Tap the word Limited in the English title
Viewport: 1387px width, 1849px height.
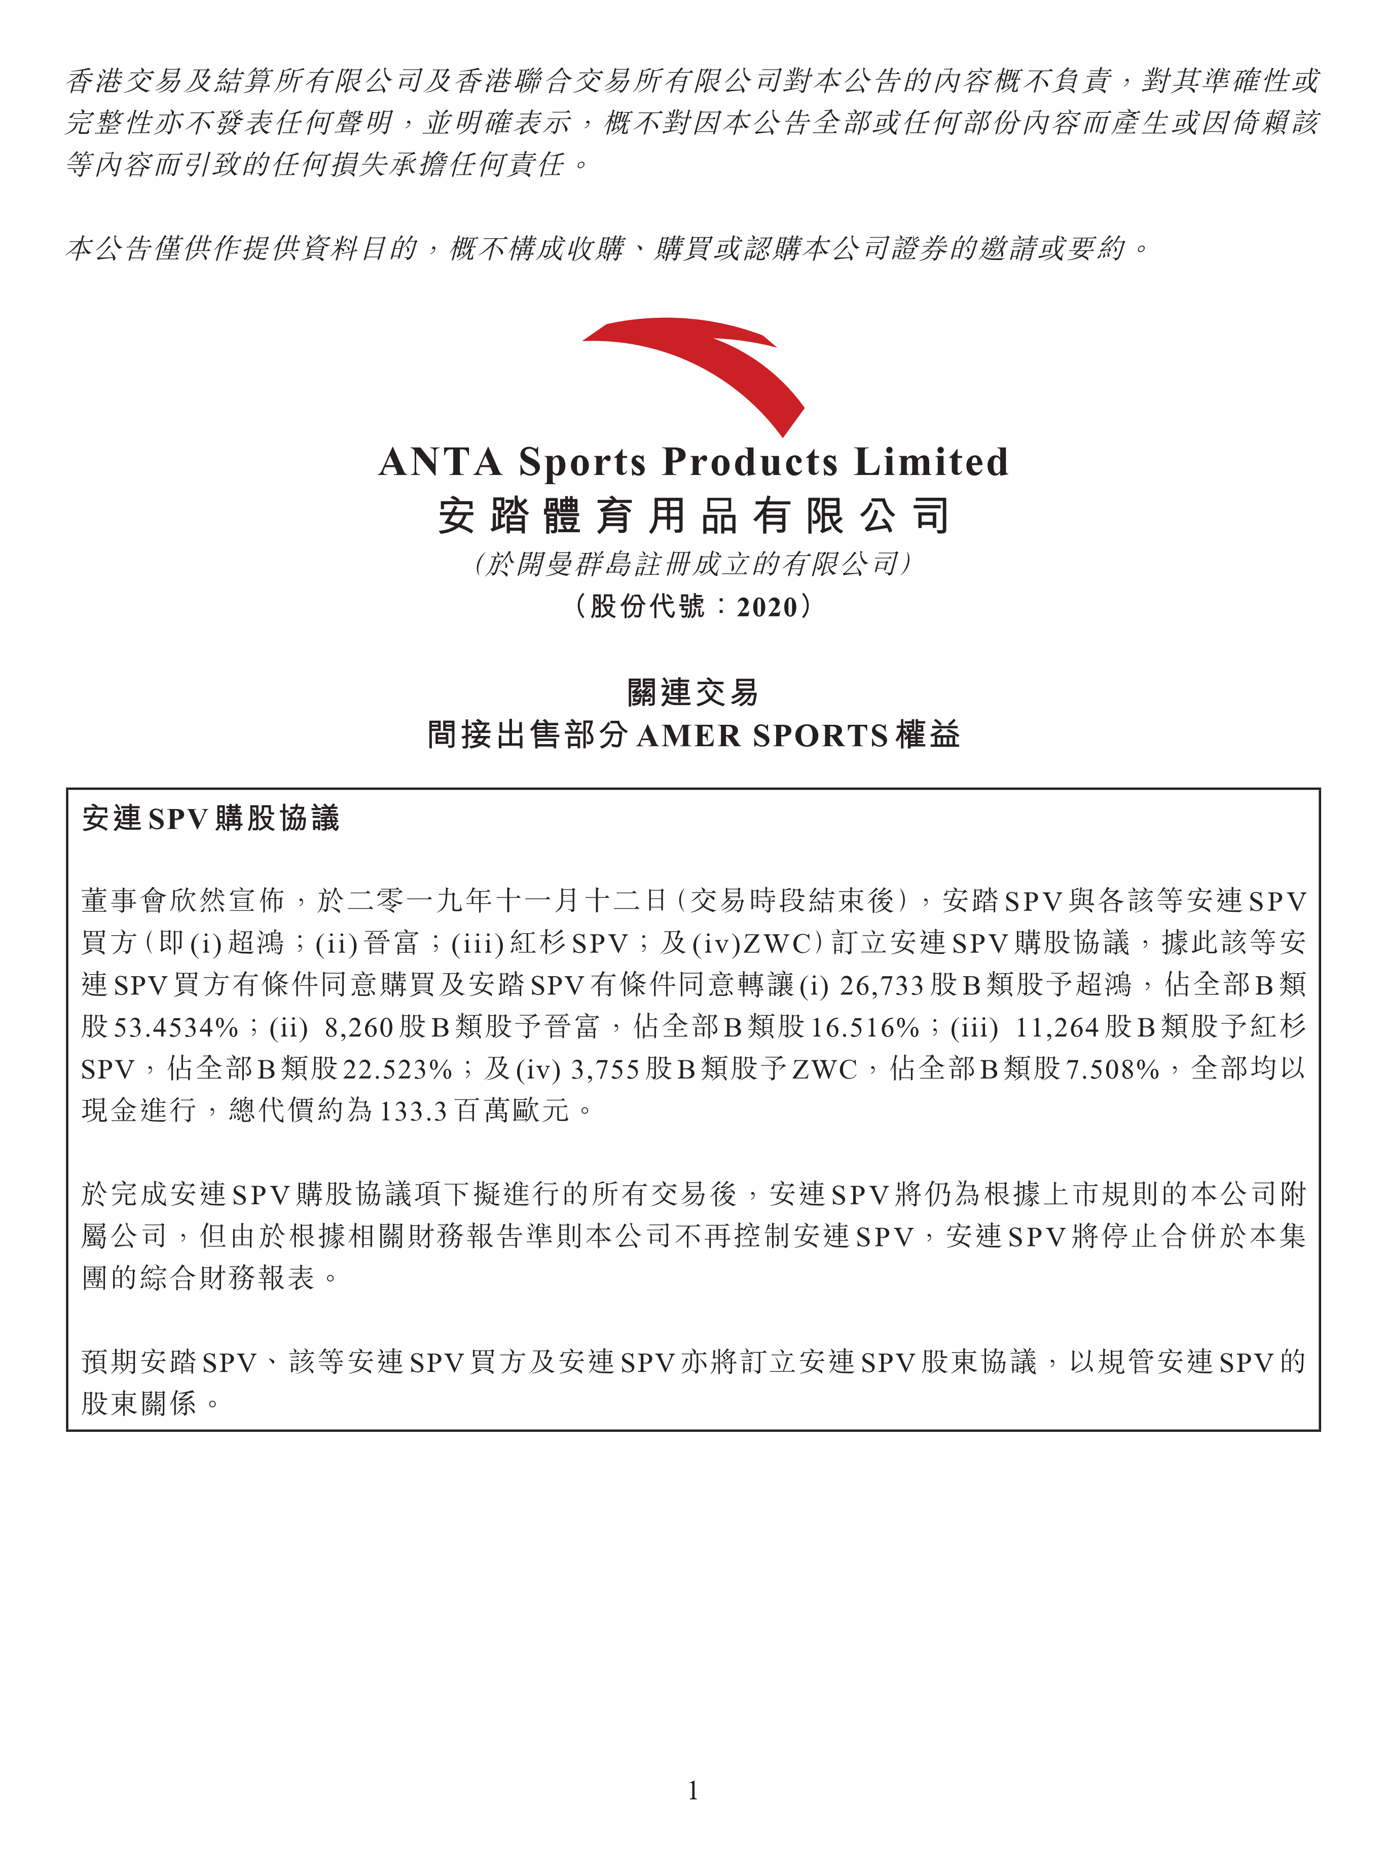pos(931,462)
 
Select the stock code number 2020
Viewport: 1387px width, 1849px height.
pos(766,607)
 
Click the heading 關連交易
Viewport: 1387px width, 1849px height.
pos(693,692)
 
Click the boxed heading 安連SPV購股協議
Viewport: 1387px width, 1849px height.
pos(211,819)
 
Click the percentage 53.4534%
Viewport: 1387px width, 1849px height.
pos(175,1027)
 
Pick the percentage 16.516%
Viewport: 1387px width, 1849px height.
pos(864,1027)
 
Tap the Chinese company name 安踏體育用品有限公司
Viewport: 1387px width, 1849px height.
pos(693,515)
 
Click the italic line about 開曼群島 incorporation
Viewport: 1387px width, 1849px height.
pos(693,564)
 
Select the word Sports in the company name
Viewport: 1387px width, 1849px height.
pos(582,462)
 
